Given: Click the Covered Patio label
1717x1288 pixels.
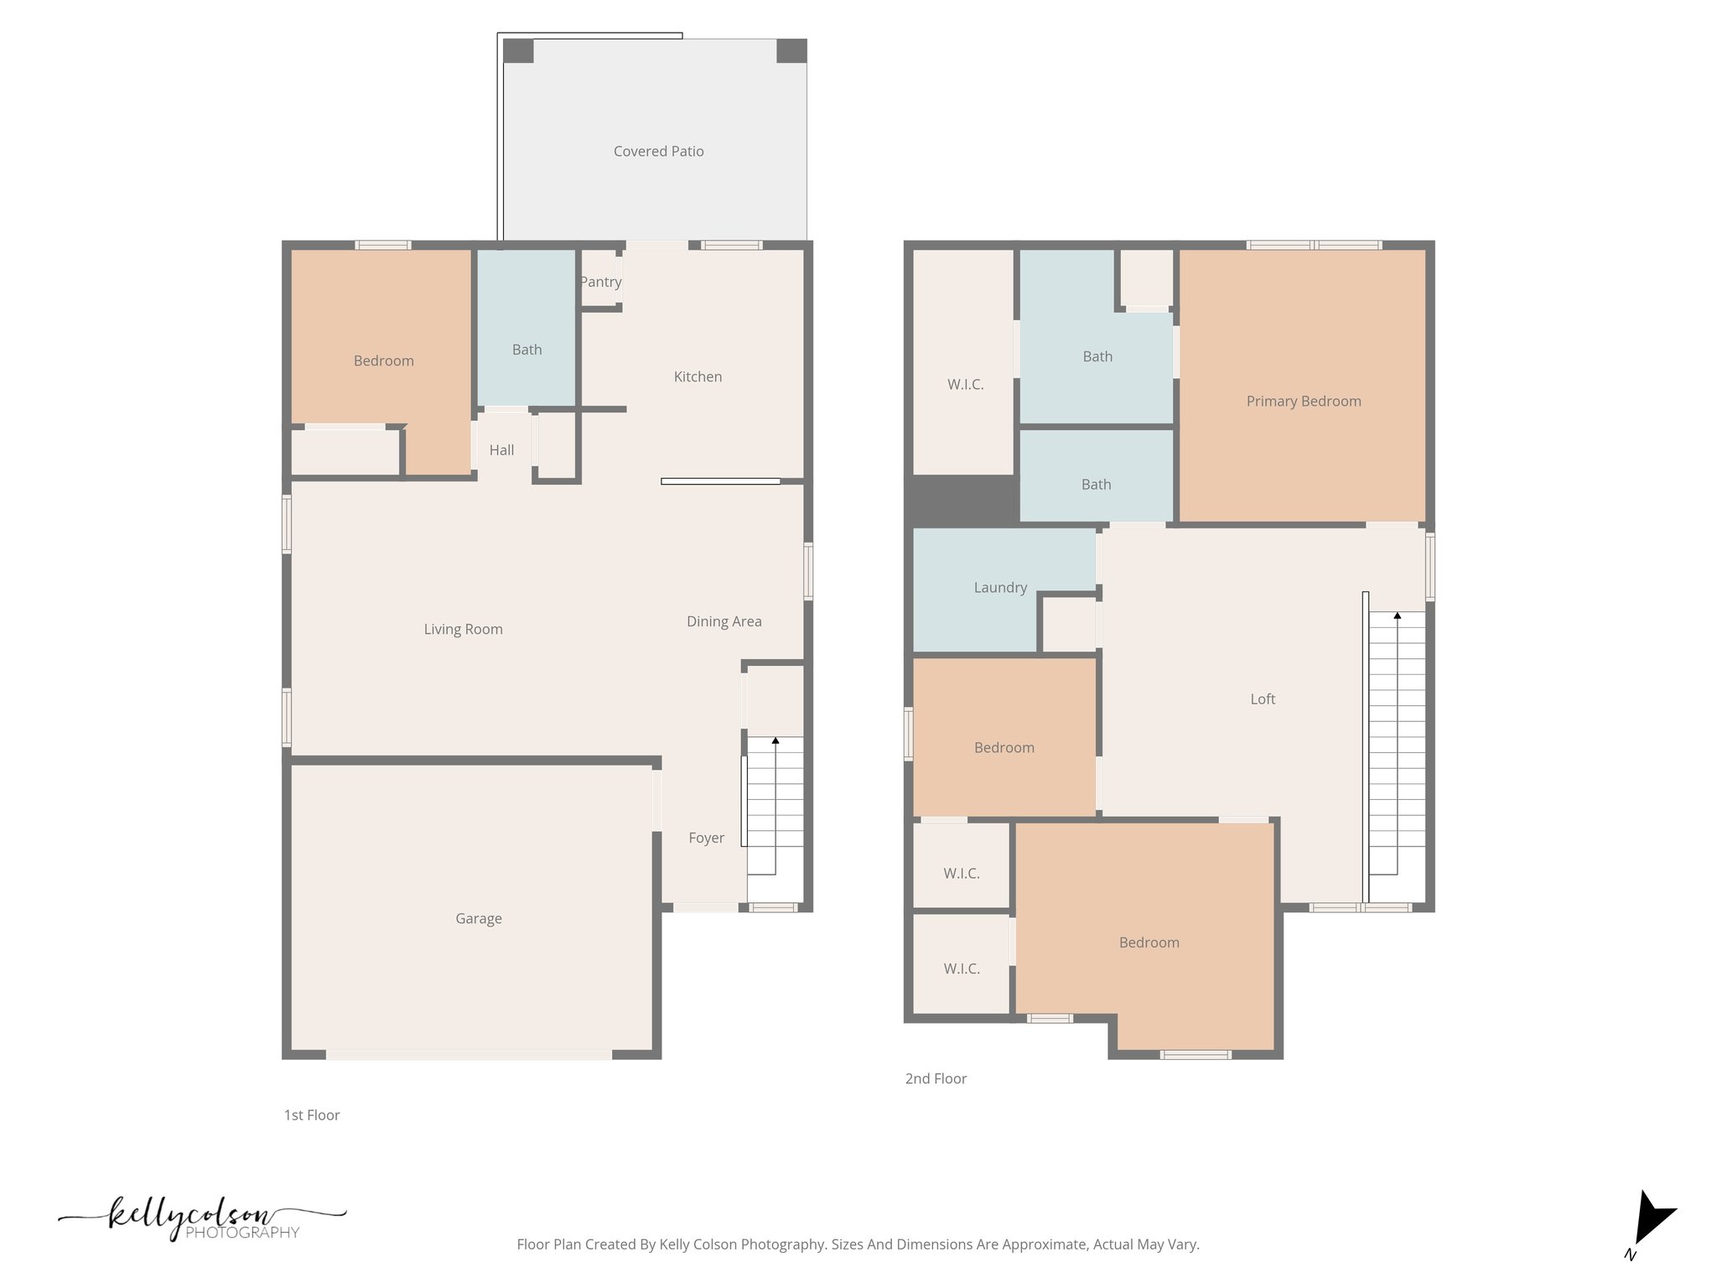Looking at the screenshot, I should (658, 152).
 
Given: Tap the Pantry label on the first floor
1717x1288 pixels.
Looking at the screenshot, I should (601, 282).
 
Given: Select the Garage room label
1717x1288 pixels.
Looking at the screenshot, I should (479, 918).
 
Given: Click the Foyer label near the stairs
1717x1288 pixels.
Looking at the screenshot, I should (706, 838).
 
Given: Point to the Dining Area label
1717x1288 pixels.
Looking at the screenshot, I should (724, 621).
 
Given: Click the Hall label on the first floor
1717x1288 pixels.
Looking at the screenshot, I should (501, 450).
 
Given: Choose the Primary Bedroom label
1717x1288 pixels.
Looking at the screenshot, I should (1303, 401).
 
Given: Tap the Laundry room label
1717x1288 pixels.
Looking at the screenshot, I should (1000, 587).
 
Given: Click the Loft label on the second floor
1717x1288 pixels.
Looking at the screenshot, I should (1263, 699).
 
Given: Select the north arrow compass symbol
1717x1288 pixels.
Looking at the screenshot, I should (1651, 1221).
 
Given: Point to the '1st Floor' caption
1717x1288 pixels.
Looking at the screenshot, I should (312, 1114).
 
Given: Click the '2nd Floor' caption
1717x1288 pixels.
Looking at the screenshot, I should (936, 1078).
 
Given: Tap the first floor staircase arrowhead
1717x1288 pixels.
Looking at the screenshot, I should (776, 740).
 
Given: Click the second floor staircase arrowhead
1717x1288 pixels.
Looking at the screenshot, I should (1397, 615).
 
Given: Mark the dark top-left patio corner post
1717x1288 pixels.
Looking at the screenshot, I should (518, 51).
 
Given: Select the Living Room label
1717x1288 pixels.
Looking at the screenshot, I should (463, 629).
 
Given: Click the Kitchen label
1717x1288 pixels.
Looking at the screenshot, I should (698, 377).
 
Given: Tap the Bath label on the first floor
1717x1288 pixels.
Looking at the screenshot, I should (527, 350).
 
